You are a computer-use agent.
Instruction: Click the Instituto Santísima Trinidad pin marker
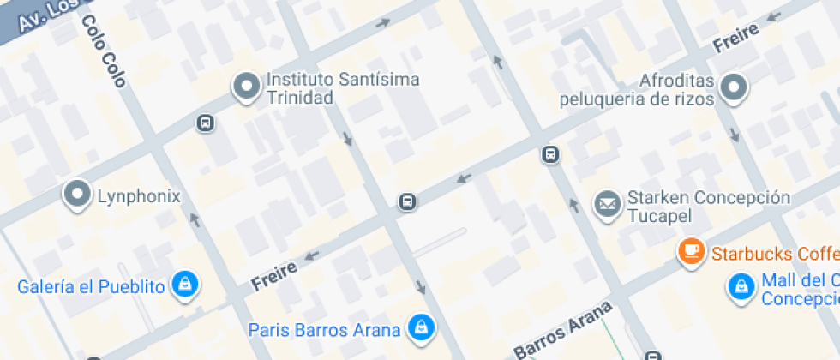click(x=248, y=87)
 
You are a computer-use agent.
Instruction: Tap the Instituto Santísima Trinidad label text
click(x=343, y=88)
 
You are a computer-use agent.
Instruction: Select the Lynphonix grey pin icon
click(x=78, y=195)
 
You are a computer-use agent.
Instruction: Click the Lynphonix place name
click(x=138, y=196)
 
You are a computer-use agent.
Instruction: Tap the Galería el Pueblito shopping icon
click(x=184, y=285)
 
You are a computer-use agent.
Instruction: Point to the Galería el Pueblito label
click(x=91, y=286)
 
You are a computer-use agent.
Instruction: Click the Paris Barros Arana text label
click(x=324, y=330)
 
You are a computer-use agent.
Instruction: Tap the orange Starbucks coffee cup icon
click(x=691, y=252)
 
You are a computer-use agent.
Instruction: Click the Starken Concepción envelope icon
click(x=608, y=204)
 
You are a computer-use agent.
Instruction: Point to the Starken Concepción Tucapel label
click(x=708, y=206)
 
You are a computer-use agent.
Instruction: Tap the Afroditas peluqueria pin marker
click(x=734, y=87)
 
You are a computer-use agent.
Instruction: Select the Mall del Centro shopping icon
click(x=739, y=288)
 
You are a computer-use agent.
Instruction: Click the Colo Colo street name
click(x=105, y=51)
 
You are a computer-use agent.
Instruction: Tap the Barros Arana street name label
click(x=564, y=328)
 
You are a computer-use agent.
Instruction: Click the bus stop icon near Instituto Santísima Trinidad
click(x=206, y=123)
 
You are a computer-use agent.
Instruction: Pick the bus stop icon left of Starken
click(x=550, y=155)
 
